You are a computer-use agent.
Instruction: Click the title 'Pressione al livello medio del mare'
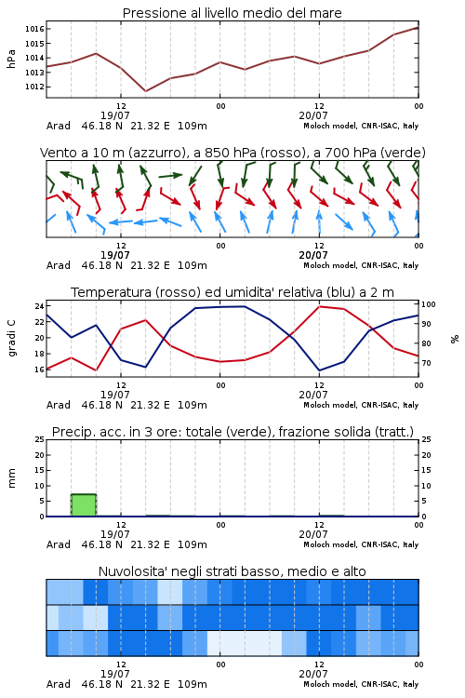click(x=232, y=13)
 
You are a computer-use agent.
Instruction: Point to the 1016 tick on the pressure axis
click(x=34, y=30)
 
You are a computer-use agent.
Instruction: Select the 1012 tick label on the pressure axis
click(x=34, y=87)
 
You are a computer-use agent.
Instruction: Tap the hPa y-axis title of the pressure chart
click(x=11, y=59)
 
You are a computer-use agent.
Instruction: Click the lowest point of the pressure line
click(x=145, y=91)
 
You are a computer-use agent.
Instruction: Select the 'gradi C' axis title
click(x=11, y=338)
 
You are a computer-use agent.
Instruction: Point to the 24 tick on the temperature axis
click(x=39, y=306)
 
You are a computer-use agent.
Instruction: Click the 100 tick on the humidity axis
click(x=428, y=304)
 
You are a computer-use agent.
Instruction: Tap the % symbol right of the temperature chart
click(x=455, y=339)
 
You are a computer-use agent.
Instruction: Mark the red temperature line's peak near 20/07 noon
click(x=320, y=306)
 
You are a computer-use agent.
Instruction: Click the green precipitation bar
click(x=84, y=505)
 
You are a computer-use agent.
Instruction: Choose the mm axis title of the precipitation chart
click(x=11, y=477)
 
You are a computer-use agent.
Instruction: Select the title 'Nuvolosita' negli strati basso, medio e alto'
click(x=232, y=571)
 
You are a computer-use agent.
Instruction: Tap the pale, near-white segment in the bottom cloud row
click(x=245, y=643)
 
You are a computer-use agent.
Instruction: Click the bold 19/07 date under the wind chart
click(x=114, y=255)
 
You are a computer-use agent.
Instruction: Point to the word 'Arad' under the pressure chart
click(x=59, y=126)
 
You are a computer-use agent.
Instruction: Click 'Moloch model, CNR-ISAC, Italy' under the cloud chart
click(x=361, y=684)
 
